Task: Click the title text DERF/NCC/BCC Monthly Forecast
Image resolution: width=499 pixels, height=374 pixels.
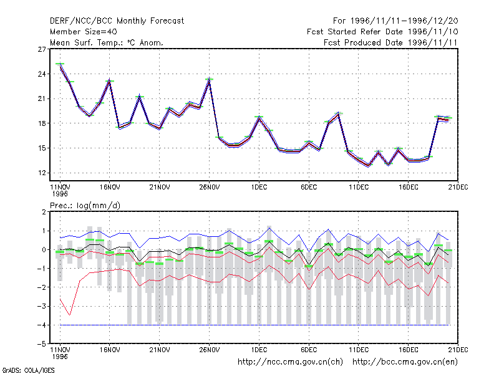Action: tap(117, 21)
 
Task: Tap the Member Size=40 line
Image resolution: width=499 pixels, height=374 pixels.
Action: tap(84, 32)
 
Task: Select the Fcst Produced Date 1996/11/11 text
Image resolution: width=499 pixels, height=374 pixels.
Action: tap(390, 42)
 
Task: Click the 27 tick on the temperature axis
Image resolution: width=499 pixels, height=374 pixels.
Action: tap(42, 49)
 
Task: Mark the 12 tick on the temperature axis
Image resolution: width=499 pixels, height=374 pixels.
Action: tap(42, 173)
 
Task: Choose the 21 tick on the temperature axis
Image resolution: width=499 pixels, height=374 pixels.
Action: tap(42, 98)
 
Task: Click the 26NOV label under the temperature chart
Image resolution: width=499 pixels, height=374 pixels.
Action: tap(210, 188)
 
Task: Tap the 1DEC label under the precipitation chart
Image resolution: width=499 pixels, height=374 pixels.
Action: tap(259, 350)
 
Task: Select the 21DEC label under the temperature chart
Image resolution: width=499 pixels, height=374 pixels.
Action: tap(458, 188)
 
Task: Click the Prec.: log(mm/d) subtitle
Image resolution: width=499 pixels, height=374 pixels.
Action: tap(85, 206)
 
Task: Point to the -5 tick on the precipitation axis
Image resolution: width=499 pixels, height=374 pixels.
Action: tap(42, 344)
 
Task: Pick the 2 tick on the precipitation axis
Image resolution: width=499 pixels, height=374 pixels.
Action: tap(44, 212)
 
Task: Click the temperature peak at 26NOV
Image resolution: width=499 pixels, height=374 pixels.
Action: tap(209, 80)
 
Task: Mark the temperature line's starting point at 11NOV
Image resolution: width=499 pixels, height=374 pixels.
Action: tap(60, 65)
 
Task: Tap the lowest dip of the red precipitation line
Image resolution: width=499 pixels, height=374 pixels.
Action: tap(70, 315)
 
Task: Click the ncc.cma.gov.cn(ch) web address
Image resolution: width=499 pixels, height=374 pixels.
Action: tap(290, 362)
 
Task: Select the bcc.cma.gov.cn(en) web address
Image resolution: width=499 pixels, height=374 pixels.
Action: tap(405, 362)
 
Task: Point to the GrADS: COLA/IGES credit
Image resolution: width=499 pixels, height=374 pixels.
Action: tap(28, 370)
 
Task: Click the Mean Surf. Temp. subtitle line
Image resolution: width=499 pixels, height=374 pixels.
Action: tap(106, 42)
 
